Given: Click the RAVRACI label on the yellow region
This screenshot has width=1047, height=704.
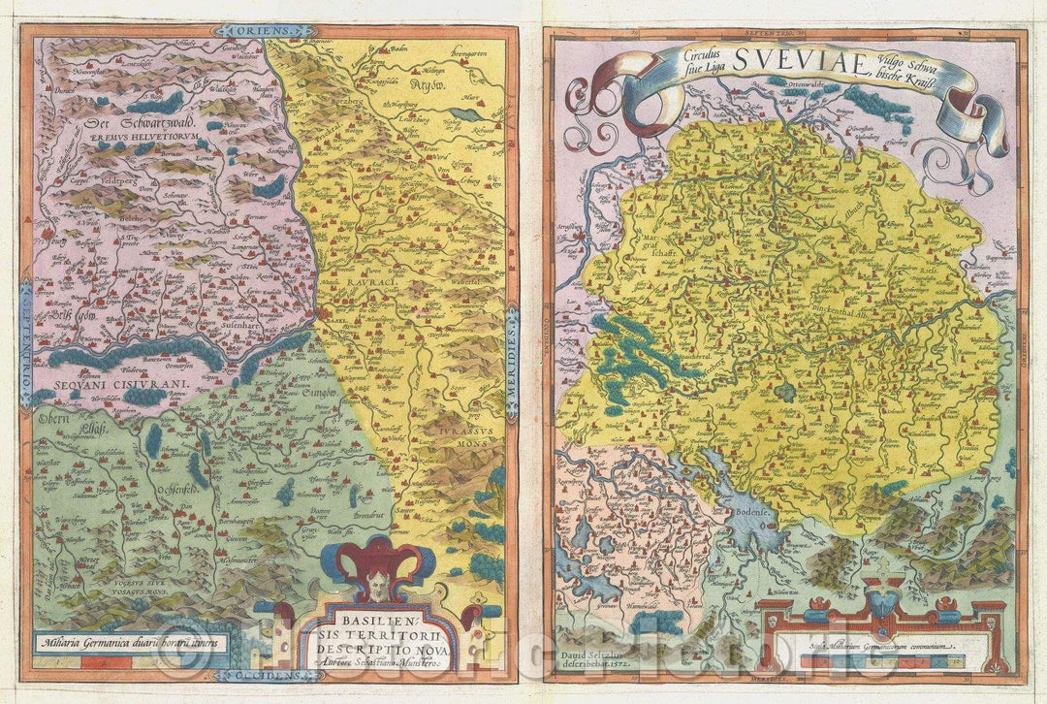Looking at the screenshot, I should [x=362, y=280].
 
